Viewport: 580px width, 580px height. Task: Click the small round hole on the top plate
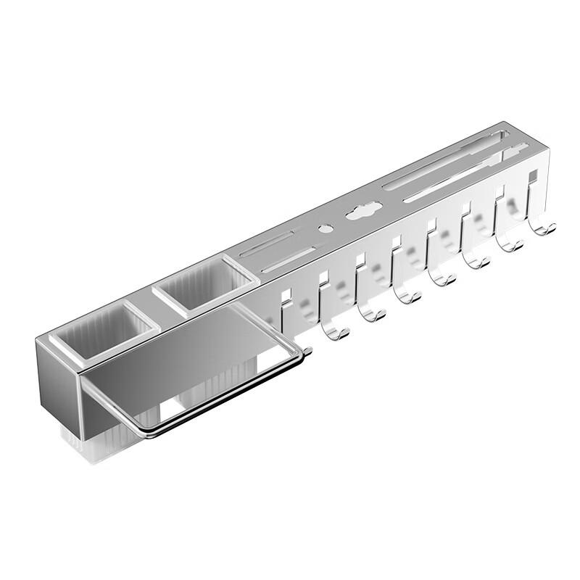coord(326,228)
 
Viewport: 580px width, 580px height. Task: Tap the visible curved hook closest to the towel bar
coord(334,330)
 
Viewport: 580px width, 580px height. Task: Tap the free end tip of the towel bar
coord(307,352)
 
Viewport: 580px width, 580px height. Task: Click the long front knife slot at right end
coord(464,175)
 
